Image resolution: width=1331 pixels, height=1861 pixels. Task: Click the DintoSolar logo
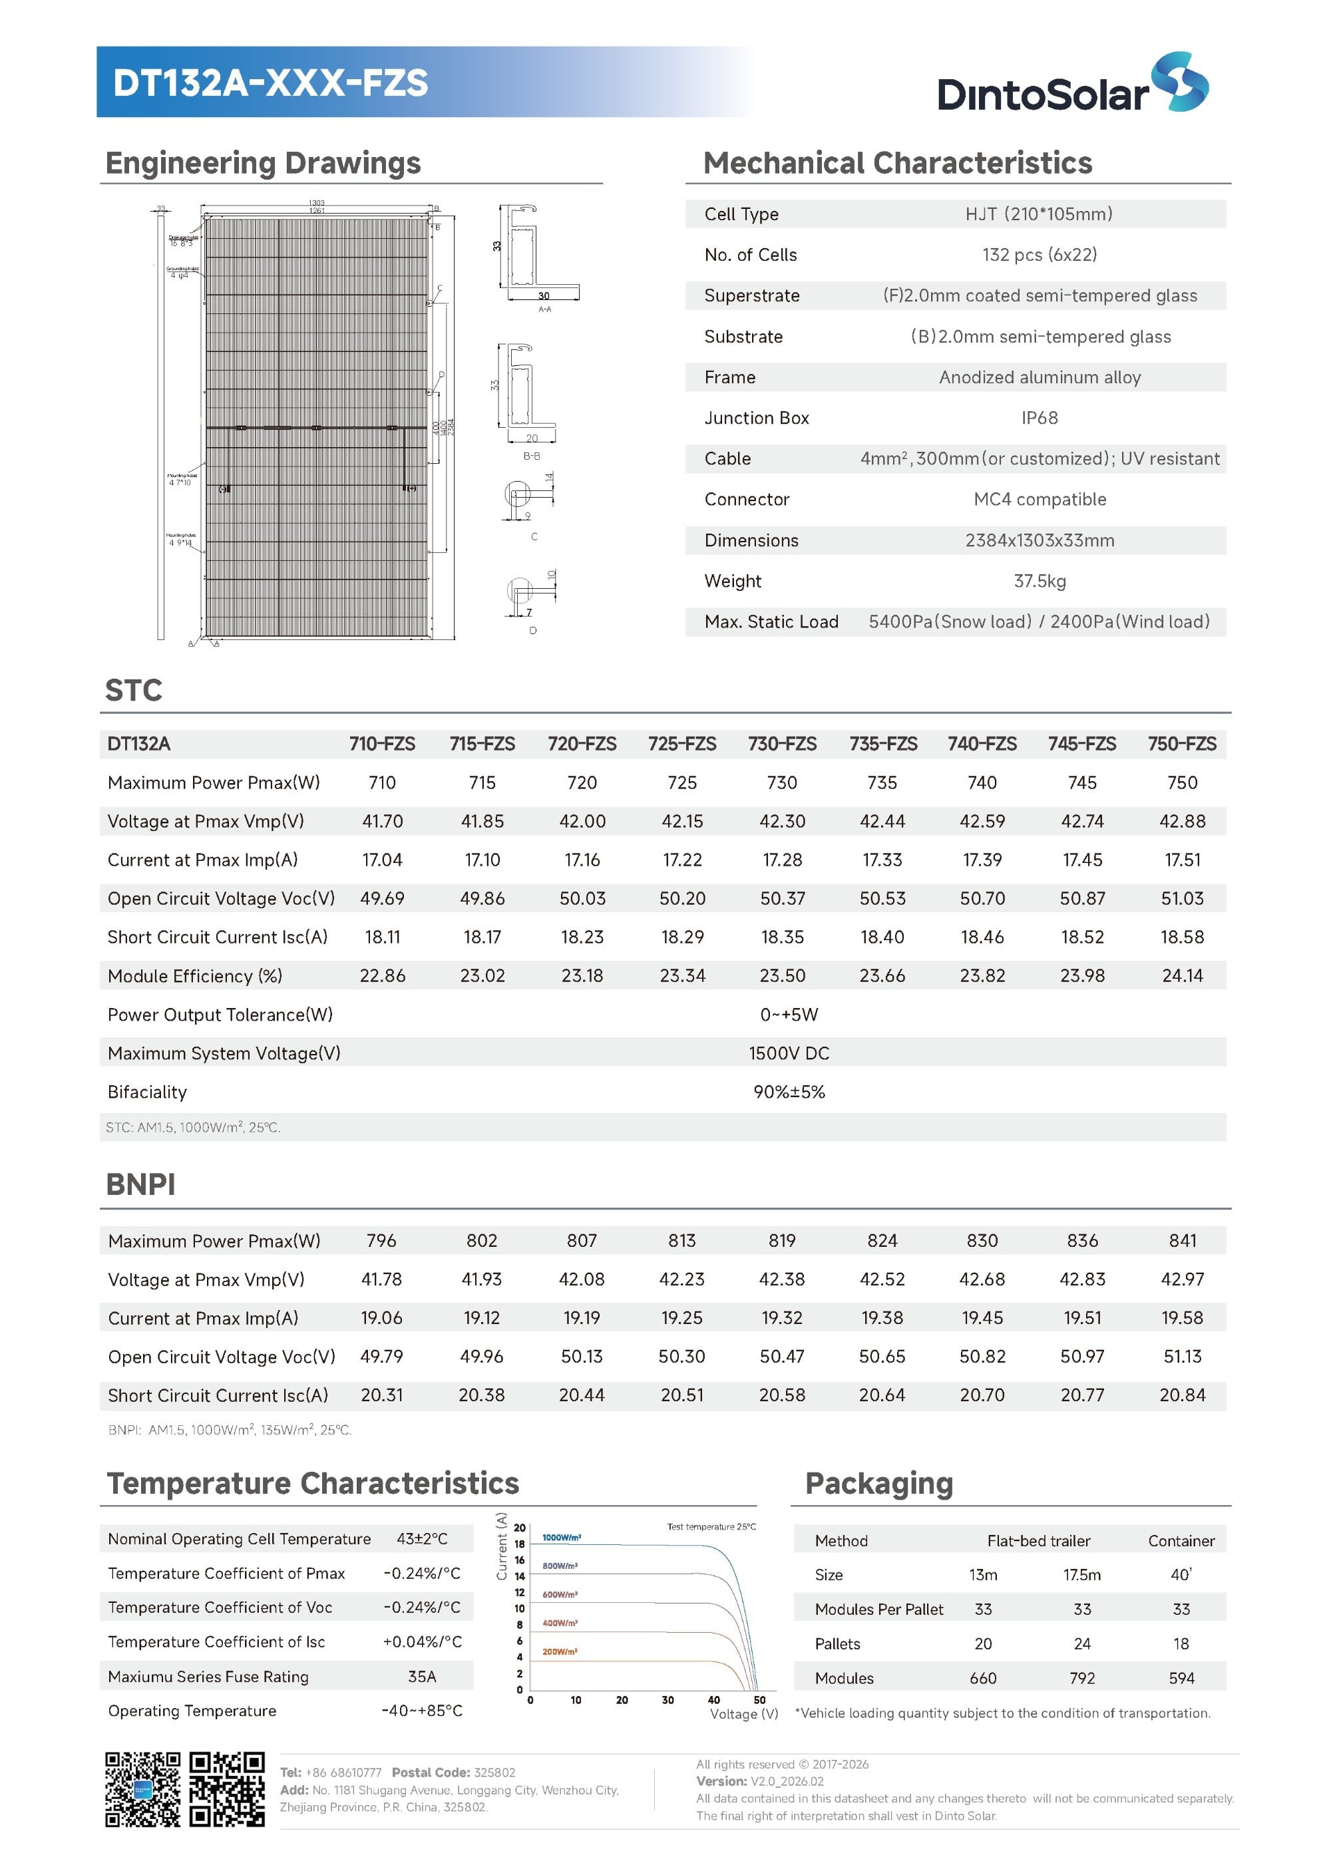(1072, 85)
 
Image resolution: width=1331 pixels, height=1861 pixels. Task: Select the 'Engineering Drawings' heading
(263, 163)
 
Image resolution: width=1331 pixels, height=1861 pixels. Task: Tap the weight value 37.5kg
(1040, 581)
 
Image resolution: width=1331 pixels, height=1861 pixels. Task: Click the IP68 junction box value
(1040, 418)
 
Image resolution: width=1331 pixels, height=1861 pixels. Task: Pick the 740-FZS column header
(982, 743)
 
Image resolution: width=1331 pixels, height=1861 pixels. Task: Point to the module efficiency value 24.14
(1182, 975)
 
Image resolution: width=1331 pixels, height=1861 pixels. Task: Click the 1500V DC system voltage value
(789, 1053)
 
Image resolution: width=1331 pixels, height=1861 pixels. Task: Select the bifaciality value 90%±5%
(789, 1092)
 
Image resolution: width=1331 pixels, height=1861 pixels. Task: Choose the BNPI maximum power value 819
(782, 1241)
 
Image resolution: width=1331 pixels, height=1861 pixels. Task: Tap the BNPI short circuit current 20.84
(1182, 1395)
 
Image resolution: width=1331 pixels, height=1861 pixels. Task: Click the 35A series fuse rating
(422, 1677)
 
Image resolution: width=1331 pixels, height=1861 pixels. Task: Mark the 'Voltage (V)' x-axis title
(743, 1713)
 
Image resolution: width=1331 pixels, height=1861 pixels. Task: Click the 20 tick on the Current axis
(520, 1528)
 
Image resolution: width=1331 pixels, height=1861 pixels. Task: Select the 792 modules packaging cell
(1082, 1678)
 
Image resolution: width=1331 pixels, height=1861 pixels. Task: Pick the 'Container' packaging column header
(1181, 1540)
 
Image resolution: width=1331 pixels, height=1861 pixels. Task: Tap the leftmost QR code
(142, 1790)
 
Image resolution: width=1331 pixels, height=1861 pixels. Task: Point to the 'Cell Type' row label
(741, 214)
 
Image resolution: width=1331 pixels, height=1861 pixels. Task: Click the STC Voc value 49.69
(382, 898)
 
